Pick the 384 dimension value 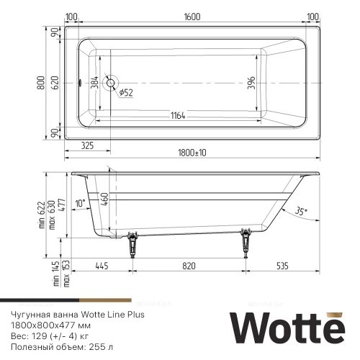point(94,82)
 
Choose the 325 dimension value point(87,146)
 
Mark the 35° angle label point(300,211)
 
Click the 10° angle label point(80,203)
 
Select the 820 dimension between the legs point(189,266)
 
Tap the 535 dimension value point(284,266)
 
